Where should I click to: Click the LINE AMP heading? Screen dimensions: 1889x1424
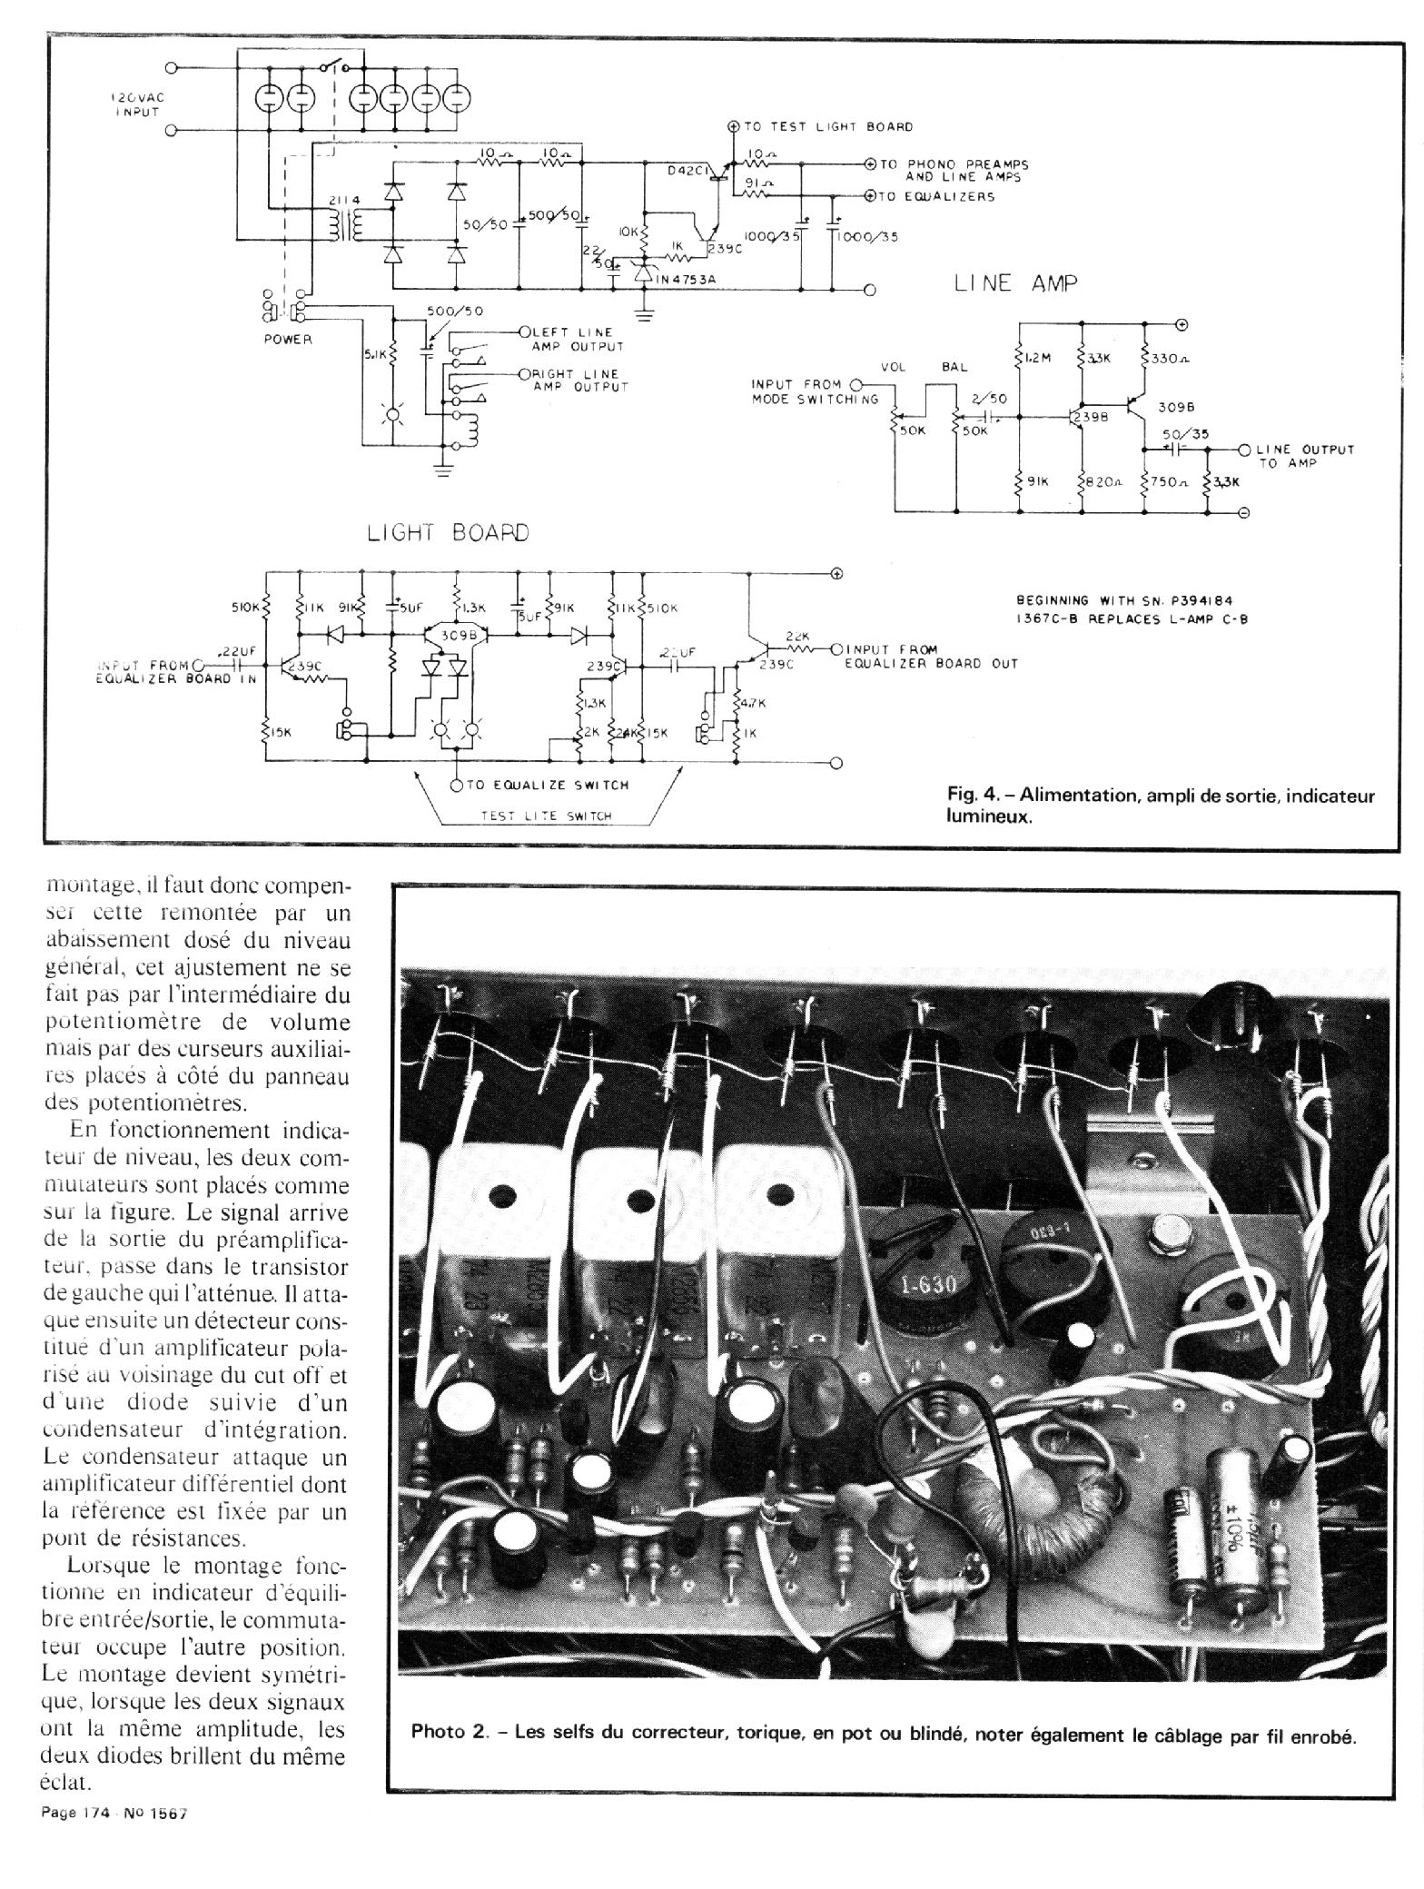click(1015, 283)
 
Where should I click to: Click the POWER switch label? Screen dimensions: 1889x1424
click(288, 340)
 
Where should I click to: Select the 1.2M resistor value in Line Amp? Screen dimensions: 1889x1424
click(1037, 358)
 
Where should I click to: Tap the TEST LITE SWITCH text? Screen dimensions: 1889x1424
click(545, 816)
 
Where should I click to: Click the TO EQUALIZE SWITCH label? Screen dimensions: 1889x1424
click(547, 785)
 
